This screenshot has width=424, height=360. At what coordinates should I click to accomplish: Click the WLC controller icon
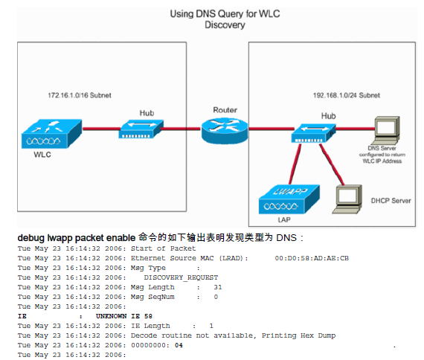point(51,134)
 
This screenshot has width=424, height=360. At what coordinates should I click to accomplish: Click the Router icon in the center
point(225,130)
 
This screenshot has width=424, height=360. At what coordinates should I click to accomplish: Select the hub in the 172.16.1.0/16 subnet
point(141,129)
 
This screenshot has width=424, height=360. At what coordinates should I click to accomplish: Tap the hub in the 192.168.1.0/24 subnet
point(313,133)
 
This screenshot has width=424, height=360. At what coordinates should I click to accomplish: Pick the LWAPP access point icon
point(289,199)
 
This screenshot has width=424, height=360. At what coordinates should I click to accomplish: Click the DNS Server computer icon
point(385,130)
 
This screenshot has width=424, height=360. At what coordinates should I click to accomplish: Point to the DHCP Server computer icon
point(347,199)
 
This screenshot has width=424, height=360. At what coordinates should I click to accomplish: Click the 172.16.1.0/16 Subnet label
point(80,95)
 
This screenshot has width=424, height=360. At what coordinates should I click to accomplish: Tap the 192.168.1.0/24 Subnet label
point(347,95)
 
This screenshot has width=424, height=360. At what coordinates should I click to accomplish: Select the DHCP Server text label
point(391,201)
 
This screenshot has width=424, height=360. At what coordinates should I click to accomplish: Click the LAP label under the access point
point(284,219)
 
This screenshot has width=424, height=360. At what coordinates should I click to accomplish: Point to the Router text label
point(225,110)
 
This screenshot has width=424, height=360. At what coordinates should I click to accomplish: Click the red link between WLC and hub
point(101,129)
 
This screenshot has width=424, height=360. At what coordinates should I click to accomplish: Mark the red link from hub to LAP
point(295,164)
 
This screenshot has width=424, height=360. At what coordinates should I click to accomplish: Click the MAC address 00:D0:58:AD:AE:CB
point(312,258)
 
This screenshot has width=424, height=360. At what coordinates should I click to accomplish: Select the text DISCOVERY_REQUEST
point(181,277)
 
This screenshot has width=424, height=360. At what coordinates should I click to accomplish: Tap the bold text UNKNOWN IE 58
point(124,316)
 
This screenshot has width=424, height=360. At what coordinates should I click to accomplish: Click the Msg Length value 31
point(218,287)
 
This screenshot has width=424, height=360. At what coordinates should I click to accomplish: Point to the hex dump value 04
point(179,345)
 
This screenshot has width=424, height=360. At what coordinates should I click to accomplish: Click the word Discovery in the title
point(225,25)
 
